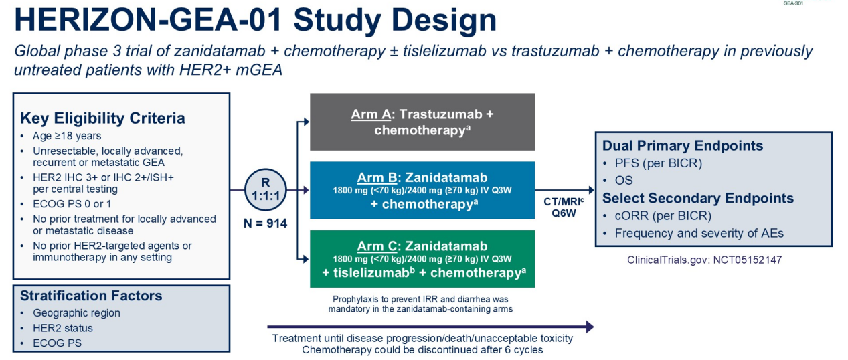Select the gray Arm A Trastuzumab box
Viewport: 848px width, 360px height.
click(x=422, y=122)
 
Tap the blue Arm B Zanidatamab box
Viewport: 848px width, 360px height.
click(x=422, y=190)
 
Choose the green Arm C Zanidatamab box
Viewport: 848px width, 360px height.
click(x=422, y=259)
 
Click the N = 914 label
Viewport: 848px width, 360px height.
click(x=265, y=223)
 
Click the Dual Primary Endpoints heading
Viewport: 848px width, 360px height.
click(x=683, y=145)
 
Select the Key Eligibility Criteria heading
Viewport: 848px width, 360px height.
click(x=102, y=118)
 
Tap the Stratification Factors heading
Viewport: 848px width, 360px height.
click(x=91, y=296)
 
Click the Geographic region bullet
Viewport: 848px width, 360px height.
click(x=76, y=312)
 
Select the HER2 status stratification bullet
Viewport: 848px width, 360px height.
click(x=63, y=328)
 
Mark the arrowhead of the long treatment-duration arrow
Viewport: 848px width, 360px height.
click(x=589, y=327)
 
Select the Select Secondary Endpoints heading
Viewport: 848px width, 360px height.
click(x=698, y=198)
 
